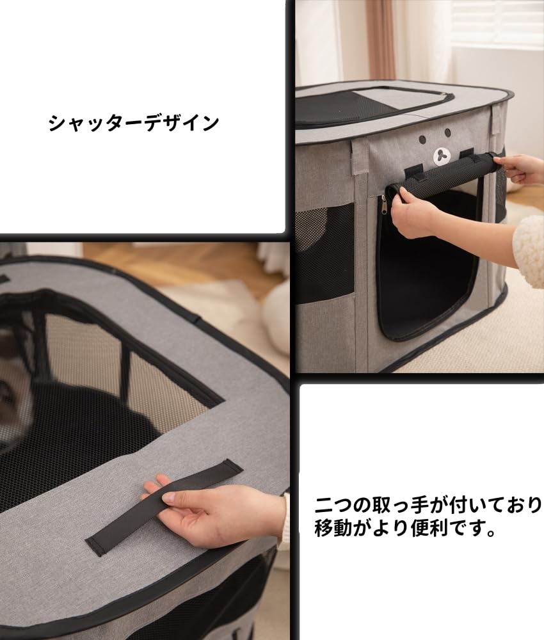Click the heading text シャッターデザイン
coord(133,122)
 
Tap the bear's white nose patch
coord(442,156)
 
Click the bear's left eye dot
coord(423,140)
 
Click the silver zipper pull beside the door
coord(383,204)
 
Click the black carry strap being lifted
coord(163,506)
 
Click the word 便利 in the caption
coord(426,529)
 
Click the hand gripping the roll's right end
coord(518,168)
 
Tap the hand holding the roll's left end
coord(413,214)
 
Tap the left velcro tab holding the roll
coord(414,171)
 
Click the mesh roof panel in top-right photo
coord(358,106)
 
